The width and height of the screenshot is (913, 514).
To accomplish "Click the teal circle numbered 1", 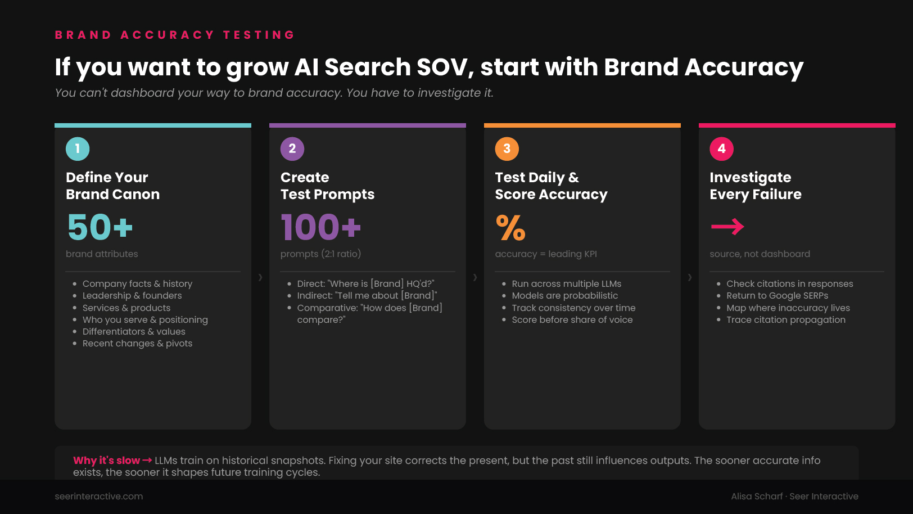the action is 78,149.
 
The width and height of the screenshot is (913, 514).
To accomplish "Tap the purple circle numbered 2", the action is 292,149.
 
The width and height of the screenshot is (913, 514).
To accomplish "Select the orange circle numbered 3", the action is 507,149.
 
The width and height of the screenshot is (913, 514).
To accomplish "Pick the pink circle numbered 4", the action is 721,149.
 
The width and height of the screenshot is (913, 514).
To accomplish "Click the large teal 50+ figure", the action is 100,227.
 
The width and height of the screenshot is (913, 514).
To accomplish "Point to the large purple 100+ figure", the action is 321,227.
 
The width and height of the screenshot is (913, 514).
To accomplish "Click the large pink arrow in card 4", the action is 727,227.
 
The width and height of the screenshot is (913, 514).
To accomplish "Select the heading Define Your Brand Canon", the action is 113,186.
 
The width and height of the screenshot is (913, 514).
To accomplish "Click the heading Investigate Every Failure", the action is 756,186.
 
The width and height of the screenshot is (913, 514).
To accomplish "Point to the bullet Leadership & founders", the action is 132,295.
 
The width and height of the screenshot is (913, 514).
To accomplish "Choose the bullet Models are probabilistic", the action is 565,295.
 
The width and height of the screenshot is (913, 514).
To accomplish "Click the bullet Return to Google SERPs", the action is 778,295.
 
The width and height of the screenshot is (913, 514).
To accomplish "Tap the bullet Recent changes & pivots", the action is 137,343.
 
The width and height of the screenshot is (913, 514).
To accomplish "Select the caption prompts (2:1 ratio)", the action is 321,254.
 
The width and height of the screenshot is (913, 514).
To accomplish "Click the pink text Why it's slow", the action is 106,461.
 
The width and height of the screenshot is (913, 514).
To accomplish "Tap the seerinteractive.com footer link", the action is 99,497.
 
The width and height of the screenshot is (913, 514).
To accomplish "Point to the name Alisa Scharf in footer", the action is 757,497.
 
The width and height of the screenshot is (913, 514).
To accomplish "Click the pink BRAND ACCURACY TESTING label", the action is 175,35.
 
